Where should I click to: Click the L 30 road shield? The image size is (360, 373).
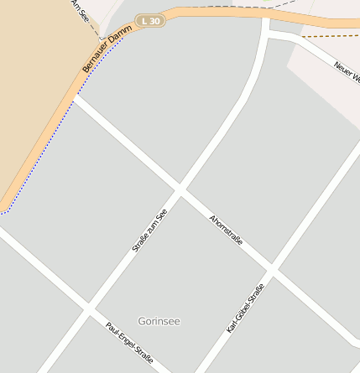(x=150, y=20)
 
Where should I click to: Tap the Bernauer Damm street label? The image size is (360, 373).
(x=107, y=49)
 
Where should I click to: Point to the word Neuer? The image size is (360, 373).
(x=343, y=69)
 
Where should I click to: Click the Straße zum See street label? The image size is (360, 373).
(x=150, y=231)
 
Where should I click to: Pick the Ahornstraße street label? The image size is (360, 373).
(x=226, y=230)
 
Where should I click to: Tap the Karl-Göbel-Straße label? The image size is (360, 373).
(x=245, y=308)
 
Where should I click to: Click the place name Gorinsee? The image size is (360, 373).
(x=159, y=321)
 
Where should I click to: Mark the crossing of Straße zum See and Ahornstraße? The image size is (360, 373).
(x=179, y=191)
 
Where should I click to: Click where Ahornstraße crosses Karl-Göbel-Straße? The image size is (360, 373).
(x=272, y=271)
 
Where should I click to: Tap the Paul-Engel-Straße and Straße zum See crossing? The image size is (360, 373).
(x=87, y=311)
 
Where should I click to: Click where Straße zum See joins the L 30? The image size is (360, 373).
(x=265, y=17)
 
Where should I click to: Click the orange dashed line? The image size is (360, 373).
(x=327, y=36)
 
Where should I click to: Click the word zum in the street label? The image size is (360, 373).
(x=151, y=229)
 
